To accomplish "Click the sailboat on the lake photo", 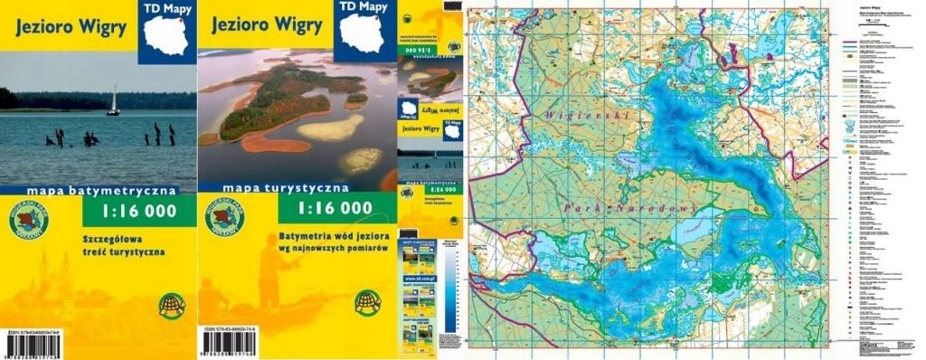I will tap(113, 101).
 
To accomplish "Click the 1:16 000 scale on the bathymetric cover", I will tap(136, 214).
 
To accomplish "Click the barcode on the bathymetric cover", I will tap(40, 345).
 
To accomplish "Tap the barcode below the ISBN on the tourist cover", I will tap(234, 345).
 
